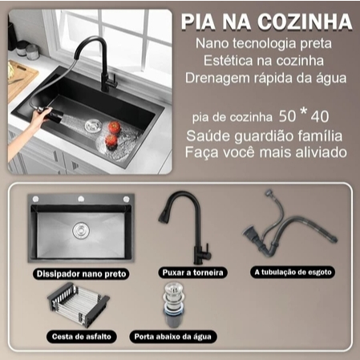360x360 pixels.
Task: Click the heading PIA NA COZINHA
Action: pyautogui.click(x=266, y=22)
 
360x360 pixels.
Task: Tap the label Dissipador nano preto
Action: pyautogui.click(x=81, y=274)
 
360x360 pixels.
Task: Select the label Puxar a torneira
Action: pyautogui.click(x=192, y=273)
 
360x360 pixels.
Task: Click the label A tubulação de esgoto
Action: pyautogui.click(x=293, y=273)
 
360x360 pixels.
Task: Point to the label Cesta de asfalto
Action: pyautogui.click(x=82, y=337)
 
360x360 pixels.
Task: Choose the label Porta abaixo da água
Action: pyautogui.click(x=173, y=337)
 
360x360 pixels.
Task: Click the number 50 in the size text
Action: pyautogui.click(x=287, y=116)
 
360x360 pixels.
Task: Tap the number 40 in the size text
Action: pyautogui.click(x=320, y=117)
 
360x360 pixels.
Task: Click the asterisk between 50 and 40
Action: pyautogui.click(x=303, y=111)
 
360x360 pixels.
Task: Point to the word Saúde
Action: pyautogui.click(x=208, y=136)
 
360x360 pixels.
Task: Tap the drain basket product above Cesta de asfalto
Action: pyautogui.click(x=78, y=304)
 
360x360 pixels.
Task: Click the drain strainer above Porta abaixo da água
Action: pyautogui.click(x=174, y=305)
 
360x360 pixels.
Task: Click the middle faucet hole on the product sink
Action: pyautogui.click(x=81, y=199)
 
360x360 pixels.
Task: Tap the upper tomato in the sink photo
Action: pyautogui.click(x=115, y=127)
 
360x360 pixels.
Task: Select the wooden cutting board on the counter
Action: pyautogui.click(x=20, y=79)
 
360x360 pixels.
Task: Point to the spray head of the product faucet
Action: pyautogui.click(x=163, y=216)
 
